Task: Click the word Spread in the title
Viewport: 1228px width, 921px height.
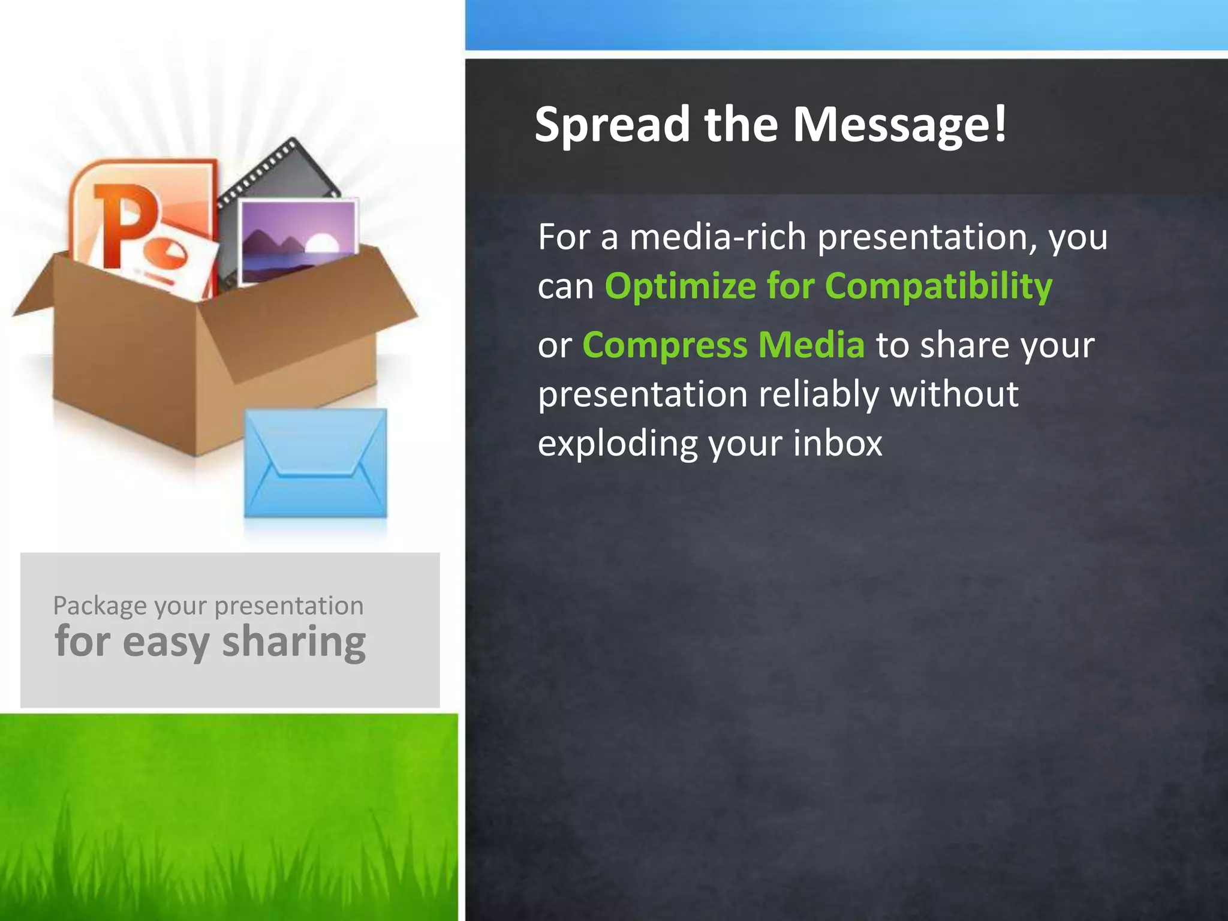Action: pos(612,125)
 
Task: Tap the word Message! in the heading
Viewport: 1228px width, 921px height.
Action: pos(899,125)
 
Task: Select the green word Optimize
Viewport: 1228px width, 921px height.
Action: pos(680,286)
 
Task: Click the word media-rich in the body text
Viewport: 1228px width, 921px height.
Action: pos(718,237)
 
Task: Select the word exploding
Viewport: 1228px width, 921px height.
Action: pos(618,444)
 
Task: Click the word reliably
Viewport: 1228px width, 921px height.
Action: pos(818,395)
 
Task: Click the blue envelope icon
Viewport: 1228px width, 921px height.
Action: pos(316,463)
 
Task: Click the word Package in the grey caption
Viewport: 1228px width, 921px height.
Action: pos(100,606)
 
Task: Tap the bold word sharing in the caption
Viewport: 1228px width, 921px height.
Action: pos(294,642)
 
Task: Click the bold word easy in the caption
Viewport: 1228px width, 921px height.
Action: pos(166,642)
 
